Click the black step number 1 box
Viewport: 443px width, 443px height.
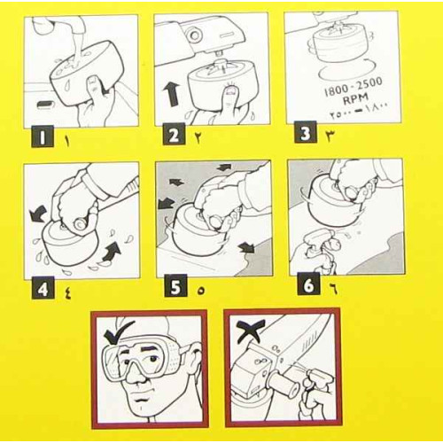(43, 136)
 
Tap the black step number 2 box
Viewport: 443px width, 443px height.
(174, 134)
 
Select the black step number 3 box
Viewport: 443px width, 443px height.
(306, 132)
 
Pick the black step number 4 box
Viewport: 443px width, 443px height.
(43, 288)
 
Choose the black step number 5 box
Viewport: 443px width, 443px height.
(175, 285)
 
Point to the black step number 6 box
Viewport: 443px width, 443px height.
(308, 284)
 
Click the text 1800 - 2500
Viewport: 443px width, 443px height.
(354, 87)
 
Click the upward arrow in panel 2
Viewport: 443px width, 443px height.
(171, 95)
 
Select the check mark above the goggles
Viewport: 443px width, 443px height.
(118, 331)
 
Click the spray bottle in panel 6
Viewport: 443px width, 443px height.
(320, 251)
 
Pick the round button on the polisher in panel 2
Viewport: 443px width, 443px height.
(194, 35)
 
